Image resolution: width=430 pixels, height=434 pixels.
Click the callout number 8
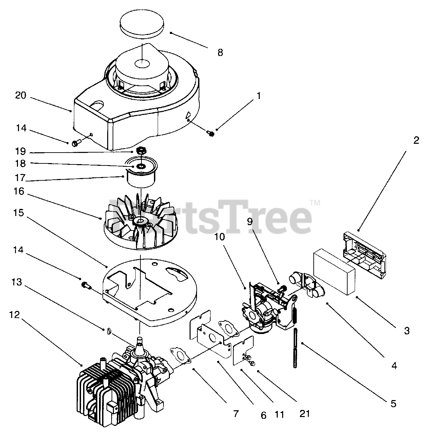(x=220, y=53)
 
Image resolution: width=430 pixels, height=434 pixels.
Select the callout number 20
(x=20, y=96)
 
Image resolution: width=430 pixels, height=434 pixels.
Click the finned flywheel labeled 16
(x=140, y=224)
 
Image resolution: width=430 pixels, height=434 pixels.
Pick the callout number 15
(x=19, y=213)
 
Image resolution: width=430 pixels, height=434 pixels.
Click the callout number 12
(x=15, y=315)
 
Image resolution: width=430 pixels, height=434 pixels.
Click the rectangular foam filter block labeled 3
(x=334, y=272)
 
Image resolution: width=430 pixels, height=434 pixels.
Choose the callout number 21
(x=305, y=414)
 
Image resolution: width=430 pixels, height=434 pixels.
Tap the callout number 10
(x=219, y=237)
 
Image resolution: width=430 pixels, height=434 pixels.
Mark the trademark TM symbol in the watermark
(x=315, y=203)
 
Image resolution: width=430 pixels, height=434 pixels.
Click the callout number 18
(x=20, y=163)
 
